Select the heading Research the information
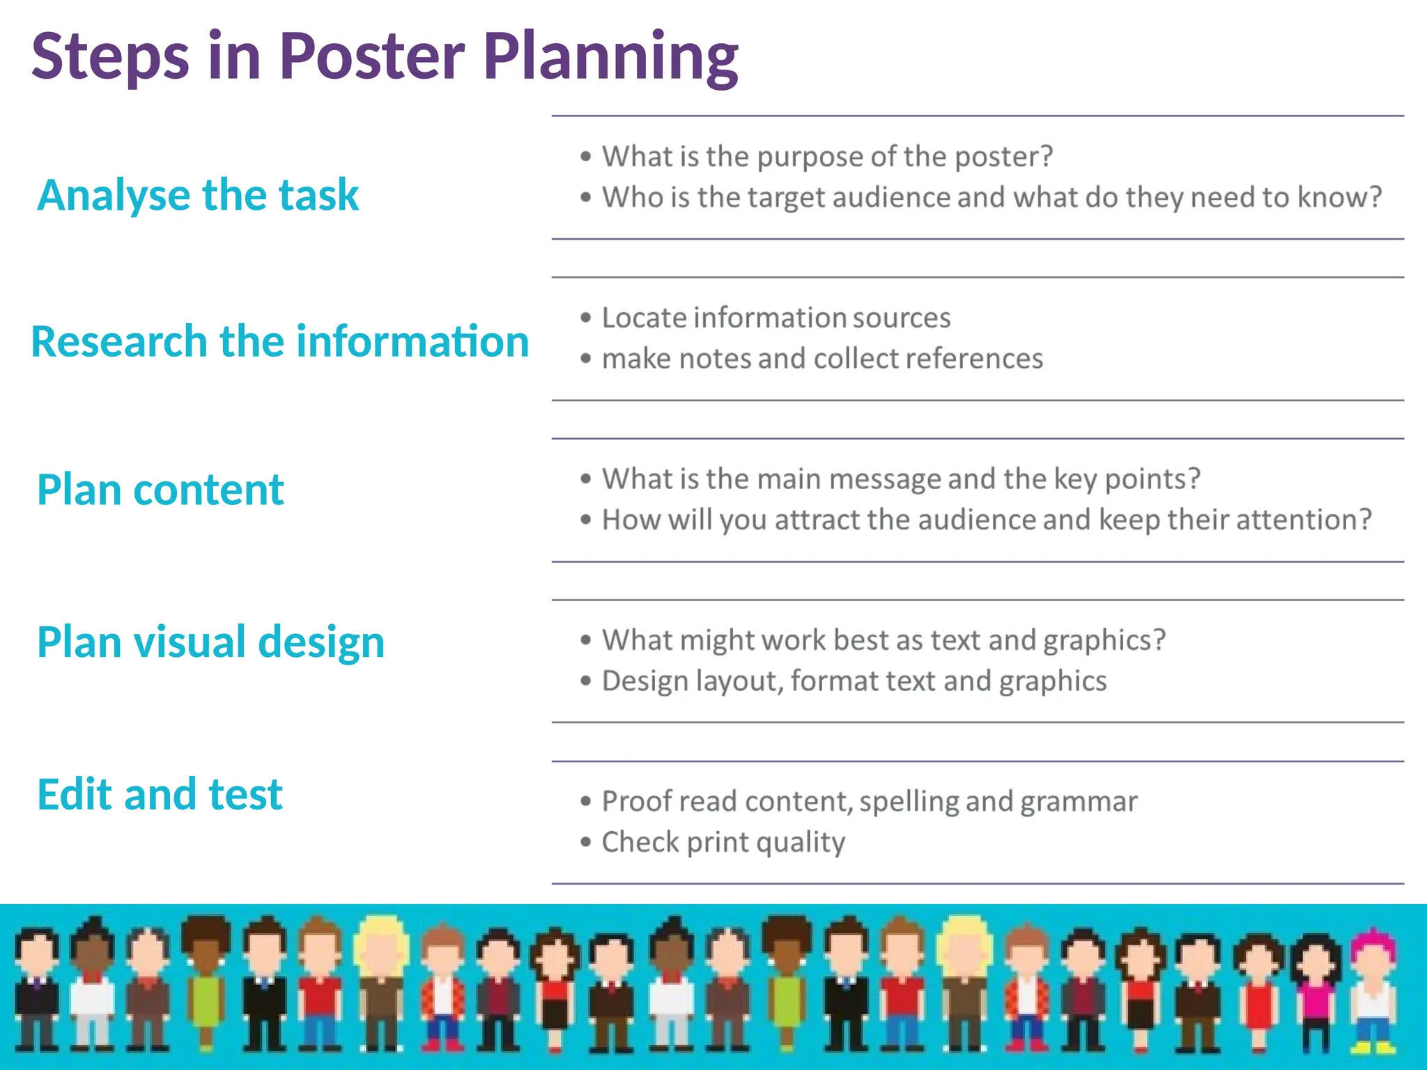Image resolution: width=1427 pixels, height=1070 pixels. click(280, 341)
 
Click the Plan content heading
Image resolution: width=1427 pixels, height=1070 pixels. click(160, 489)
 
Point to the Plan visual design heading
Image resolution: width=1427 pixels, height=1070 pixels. click(210, 642)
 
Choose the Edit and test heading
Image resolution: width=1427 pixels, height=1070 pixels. click(160, 794)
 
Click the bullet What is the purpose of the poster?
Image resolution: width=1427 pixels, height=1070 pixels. click(827, 157)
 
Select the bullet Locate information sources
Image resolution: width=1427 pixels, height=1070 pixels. click(776, 318)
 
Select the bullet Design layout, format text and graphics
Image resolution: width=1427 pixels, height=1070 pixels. click(854, 681)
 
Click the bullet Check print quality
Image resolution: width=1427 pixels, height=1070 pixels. click(723, 842)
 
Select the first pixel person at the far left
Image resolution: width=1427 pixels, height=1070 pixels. click(36, 989)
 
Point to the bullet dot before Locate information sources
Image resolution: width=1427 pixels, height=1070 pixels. click(586, 318)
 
